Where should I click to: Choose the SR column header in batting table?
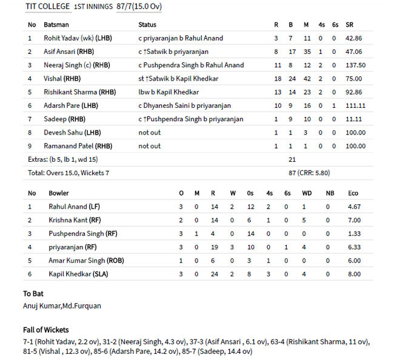pos(350,25)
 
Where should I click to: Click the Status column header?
pos(147,25)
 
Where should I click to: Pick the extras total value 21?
pos(292,159)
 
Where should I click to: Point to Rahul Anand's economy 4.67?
pos(353,207)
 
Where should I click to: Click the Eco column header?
pos(353,193)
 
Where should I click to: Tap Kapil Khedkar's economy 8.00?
pos(353,274)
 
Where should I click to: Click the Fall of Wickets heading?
pos(46,330)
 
